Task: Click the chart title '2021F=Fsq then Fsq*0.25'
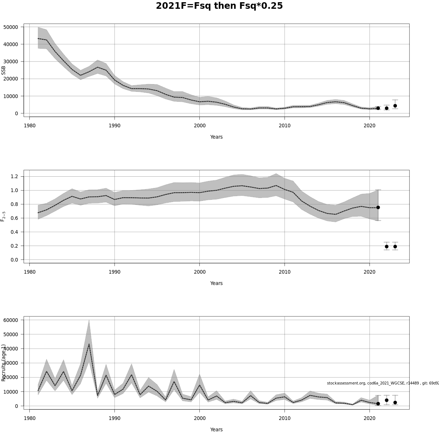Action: (x=219, y=6)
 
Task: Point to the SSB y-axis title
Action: (x=4, y=70)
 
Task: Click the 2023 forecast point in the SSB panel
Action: (x=395, y=106)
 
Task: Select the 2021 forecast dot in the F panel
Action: (x=378, y=207)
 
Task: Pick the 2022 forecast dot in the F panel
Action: (x=387, y=247)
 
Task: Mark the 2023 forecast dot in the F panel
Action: (x=395, y=247)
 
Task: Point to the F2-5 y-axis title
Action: (x=3, y=217)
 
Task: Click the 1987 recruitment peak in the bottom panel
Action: (x=89, y=344)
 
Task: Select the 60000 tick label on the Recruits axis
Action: (x=11, y=320)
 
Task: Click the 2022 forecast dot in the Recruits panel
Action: (x=387, y=400)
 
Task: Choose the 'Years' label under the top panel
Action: (x=216, y=137)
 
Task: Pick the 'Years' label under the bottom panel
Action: (x=216, y=429)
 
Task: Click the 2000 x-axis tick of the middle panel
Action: (x=199, y=272)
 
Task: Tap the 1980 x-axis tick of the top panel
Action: (x=30, y=126)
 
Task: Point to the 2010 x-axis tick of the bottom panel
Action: (x=285, y=419)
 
